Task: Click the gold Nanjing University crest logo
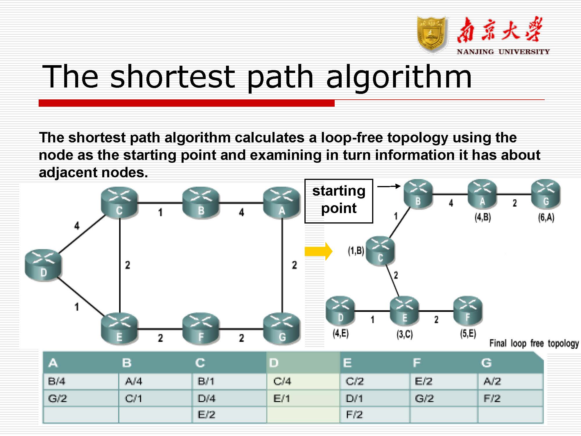click(432, 35)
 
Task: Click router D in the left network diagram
click(43, 265)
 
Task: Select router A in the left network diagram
click(281, 203)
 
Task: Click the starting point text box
click(338, 201)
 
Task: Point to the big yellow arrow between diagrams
click(318, 251)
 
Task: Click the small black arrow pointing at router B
click(389, 186)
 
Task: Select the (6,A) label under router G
click(546, 217)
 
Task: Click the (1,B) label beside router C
click(356, 251)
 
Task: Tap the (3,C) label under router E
click(404, 334)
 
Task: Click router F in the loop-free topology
click(468, 310)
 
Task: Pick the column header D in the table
click(274, 363)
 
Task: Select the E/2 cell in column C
click(206, 414)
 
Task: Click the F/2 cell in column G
click(492, 398)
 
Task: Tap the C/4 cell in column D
click(282, 381)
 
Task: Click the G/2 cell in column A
click(57, 398)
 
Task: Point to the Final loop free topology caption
click(534, 343)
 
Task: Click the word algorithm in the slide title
click(399, 77)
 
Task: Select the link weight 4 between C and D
click(77, 226)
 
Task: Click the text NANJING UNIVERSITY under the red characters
click(503, 52)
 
